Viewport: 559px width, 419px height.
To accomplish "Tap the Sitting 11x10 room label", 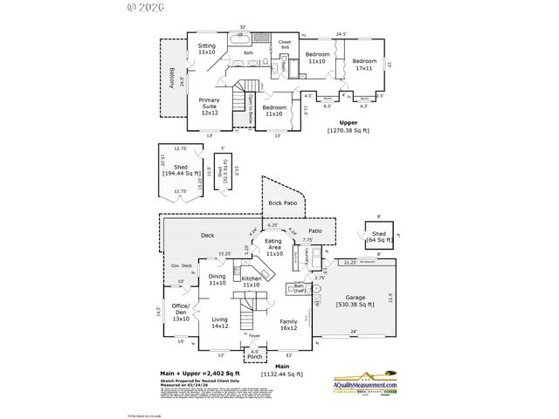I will (206, 49).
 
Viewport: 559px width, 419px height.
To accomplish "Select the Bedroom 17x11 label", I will (363, 65).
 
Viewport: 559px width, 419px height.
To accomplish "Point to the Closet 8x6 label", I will (285, 44).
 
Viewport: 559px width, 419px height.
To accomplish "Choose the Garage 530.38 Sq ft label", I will (355, 301).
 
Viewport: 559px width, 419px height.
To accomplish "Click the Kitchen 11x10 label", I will (252, 281).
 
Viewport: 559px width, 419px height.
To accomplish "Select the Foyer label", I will (254, 336).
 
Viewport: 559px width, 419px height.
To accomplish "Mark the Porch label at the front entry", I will (254, 355).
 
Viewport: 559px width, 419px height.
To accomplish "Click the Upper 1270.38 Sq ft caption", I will (349, 126).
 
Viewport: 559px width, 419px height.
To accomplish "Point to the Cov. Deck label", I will (181, 264).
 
